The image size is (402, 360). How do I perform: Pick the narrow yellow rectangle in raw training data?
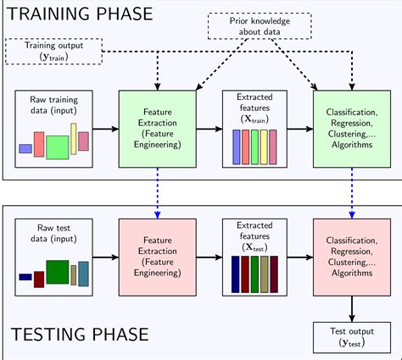click(x=74, y=139)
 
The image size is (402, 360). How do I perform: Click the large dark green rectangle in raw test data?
click(x=57, y=272)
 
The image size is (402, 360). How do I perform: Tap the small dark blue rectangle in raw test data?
click(x=25, y=277)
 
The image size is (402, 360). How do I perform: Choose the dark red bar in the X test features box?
click(x=246, y=273)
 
